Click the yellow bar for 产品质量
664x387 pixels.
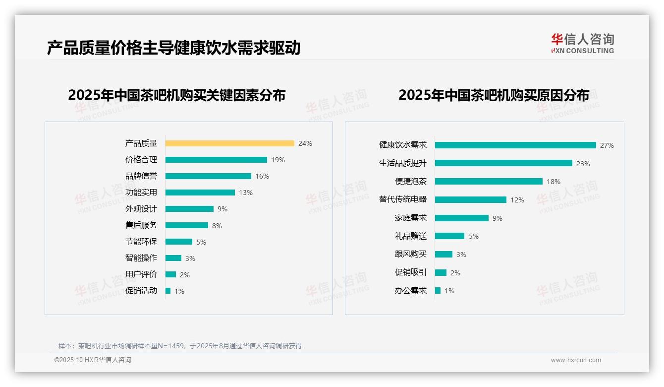(229, 143)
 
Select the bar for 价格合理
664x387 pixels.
(216, 160)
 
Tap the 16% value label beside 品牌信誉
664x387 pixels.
(262, 176)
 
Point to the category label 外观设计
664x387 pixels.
(141, 209)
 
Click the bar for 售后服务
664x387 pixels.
(187, 225)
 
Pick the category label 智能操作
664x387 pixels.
(141, 258)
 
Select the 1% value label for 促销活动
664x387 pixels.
(179, 291)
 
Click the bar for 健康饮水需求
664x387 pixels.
(515, 145)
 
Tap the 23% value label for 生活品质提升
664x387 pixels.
(583, 164)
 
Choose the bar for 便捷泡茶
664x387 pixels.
(489, 182)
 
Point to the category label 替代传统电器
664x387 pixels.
(403, 199)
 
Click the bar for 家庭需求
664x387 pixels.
(462, 218)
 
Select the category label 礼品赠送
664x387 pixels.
(411, 236)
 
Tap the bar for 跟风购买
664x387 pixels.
(444, 255)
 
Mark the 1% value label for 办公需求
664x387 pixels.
(449, 291)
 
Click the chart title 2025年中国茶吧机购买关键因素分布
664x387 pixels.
(177, 95)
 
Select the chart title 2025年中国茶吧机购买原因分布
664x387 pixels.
(494, 95)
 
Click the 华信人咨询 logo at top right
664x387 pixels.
(582, 44)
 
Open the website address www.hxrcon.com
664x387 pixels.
(576, 360)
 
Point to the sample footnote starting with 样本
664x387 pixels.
(180, 346)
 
